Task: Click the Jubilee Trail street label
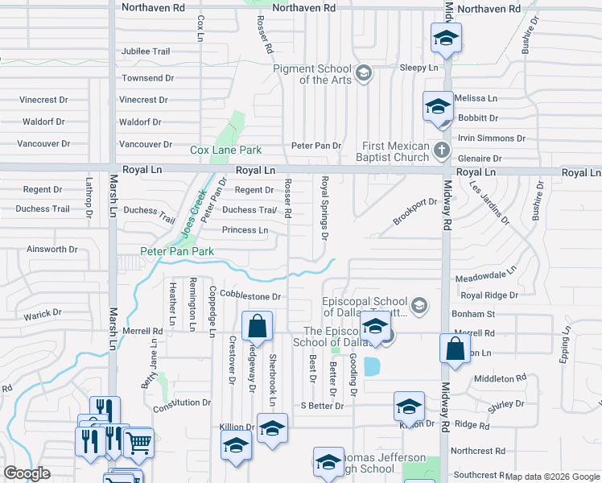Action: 146,52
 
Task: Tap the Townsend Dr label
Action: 148,78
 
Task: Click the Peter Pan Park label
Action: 177,252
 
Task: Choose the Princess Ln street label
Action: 245,230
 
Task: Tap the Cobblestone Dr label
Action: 252,296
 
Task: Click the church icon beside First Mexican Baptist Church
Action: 440,151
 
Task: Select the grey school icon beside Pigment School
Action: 364,74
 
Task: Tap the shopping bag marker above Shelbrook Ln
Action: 257,327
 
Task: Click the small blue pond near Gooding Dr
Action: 371,367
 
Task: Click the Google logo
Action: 27,473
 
